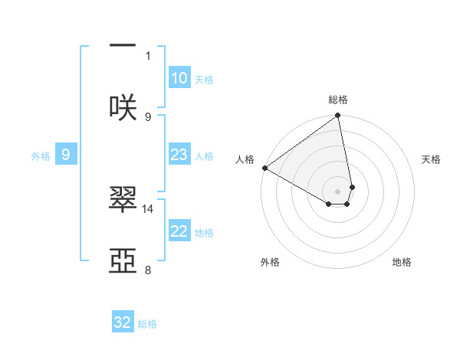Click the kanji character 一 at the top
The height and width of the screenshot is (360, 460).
tap(123, 45)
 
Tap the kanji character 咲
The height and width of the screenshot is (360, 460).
tap(123, 106)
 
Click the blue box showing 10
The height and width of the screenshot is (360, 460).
tap(179, 78)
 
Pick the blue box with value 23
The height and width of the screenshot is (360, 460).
tap(179, 155)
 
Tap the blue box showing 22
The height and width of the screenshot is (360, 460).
tap(179, 231)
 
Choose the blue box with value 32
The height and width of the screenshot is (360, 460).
tap(123, 322)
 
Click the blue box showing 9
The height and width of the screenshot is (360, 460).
tap(66, 155)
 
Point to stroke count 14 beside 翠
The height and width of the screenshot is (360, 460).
tap(148, 208)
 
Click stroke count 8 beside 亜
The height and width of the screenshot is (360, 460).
tap(148, 270)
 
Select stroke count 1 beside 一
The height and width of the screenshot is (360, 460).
tap(148, 54)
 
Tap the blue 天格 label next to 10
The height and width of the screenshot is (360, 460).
tap(204, 79)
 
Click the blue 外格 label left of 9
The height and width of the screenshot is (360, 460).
tap(41, 155)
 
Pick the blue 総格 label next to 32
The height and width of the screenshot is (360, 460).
tap(147, 323)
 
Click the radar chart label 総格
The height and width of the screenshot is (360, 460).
tap(338, 100)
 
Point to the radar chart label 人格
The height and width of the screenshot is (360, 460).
tap(245, 159)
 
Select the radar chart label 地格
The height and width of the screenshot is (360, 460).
tap(402, 262)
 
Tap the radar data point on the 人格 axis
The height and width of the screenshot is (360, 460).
tap(264, 168)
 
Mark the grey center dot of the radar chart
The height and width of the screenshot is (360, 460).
tap(338, 191)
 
